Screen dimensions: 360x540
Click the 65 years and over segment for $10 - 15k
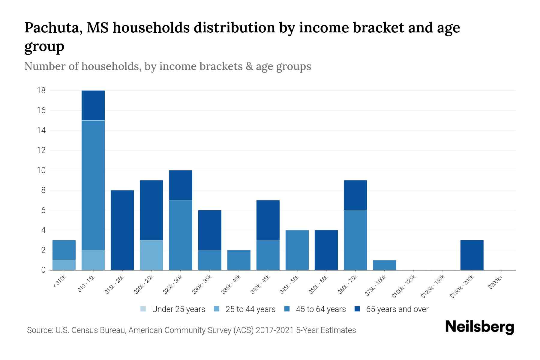93,105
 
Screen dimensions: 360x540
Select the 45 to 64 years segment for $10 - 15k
93,185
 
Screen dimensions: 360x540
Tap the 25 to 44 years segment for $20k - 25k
151,255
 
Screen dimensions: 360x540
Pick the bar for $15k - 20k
122,230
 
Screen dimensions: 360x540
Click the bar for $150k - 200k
472,255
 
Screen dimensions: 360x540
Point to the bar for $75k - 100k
384,265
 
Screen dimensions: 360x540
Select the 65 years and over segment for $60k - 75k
355,195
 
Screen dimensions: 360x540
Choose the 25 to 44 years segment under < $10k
64,265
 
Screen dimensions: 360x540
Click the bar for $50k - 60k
326,250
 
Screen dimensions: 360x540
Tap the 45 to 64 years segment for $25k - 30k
181,235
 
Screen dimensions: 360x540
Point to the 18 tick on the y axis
41,90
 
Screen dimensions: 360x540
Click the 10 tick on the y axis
41,170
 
